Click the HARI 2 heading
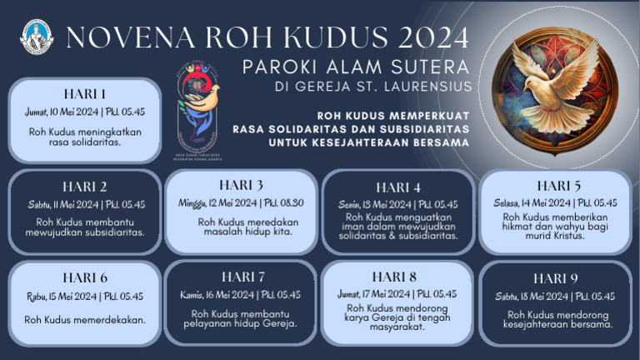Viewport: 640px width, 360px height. [x=85, y=186]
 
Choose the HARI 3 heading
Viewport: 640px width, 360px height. [x=242, y=184]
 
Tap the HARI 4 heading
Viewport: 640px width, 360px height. [x=397, y=187]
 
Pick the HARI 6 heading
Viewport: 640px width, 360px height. [x=85, y=277]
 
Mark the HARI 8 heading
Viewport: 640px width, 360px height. [x=399, y=276]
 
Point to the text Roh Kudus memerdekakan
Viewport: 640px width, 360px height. [x=85, y=319]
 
